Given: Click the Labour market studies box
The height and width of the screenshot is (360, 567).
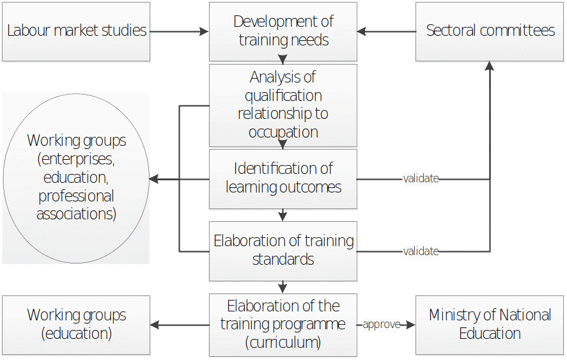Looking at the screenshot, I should [76, 31].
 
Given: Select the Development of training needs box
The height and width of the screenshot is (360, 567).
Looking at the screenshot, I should [283, 31].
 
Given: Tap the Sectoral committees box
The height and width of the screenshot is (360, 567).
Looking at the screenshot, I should [490, 31].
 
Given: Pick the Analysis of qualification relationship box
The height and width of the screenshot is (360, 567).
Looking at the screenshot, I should [283, 105].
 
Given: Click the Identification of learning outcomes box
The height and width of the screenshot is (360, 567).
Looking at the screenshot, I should [283, 178].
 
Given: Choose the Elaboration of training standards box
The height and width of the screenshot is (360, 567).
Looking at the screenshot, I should [283, 251].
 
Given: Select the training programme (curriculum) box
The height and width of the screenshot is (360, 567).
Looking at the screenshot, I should [283, 325].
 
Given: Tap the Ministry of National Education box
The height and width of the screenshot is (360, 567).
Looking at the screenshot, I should [490, 325].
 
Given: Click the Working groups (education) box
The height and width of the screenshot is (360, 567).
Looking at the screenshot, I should [76, 325].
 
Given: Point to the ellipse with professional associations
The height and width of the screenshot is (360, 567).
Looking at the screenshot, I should [76, 178].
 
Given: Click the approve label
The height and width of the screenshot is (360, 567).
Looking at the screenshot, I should [381, 325].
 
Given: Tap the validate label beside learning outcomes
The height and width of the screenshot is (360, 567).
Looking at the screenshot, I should [421, 179].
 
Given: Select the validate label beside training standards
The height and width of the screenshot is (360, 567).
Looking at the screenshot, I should [421, 251].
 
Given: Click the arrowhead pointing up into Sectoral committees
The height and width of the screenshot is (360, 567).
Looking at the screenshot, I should [490, 66].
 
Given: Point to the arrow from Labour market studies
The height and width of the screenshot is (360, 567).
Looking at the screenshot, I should [179, 31].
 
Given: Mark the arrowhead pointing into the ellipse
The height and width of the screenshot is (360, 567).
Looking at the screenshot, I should [154, 180].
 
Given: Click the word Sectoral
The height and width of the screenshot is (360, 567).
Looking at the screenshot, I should [454, 31].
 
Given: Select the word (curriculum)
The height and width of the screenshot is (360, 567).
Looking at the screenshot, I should [283, 343].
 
